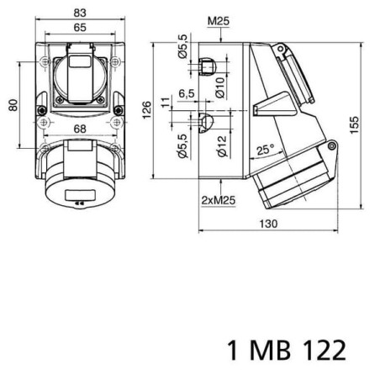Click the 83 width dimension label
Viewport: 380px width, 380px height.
point(80,13)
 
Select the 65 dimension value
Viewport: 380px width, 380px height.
point(80,28)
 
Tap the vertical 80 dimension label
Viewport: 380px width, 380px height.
point(13,105)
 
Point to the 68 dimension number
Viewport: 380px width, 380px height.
point(80,129)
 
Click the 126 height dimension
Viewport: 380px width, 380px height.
point(146,110)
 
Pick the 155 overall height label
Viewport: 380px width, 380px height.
point(354,125)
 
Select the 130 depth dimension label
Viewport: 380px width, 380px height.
point(268,224)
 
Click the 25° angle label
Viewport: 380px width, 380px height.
point(266,150)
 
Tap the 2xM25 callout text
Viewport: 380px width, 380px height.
point(219,200)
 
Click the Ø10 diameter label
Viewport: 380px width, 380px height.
point(220,87)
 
